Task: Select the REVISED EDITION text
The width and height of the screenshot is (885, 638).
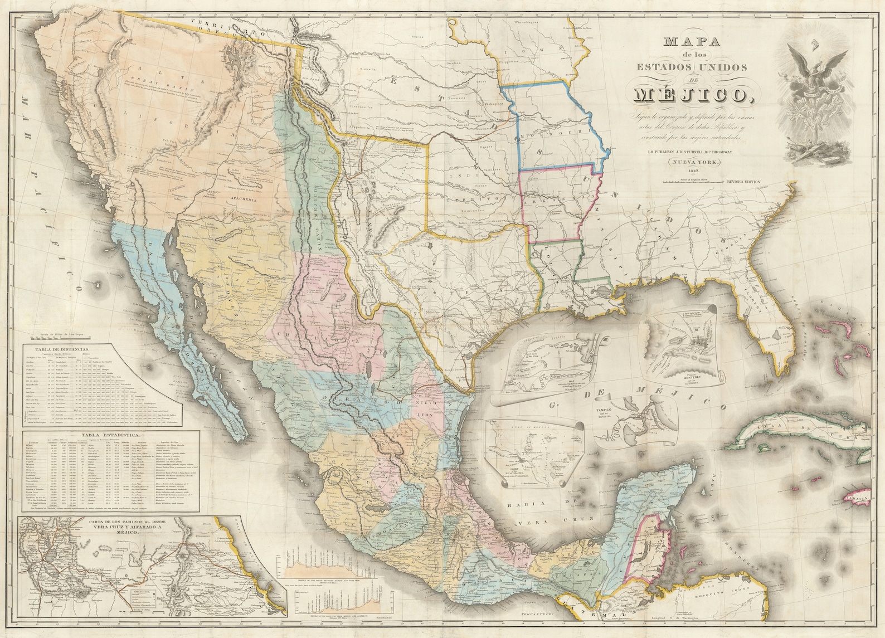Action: (x=743, y=182)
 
